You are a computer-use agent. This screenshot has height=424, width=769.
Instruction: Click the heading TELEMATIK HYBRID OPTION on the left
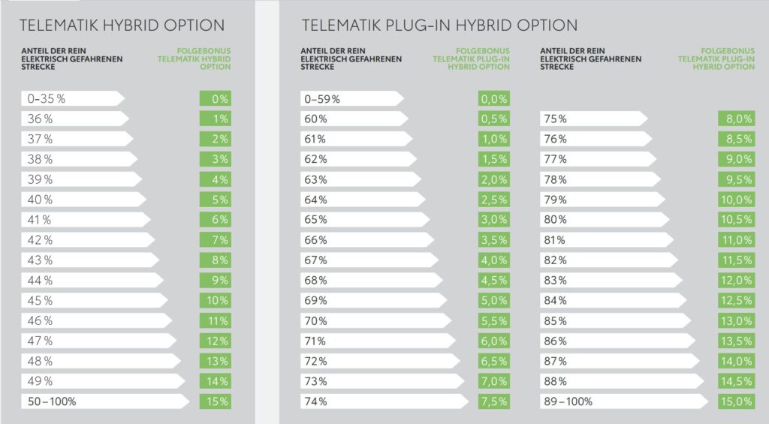point(122,25)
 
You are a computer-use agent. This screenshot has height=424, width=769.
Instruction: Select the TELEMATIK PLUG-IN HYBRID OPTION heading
point(439,25)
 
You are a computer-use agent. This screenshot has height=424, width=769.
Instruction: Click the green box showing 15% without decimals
point(215,401)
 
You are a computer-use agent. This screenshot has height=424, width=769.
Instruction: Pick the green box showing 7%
point(215,239)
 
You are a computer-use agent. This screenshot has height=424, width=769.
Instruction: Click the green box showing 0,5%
point(493,119)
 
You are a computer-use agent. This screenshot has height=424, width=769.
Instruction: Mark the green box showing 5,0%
point(493,300)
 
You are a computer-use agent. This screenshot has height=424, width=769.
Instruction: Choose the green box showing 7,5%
point(493,401)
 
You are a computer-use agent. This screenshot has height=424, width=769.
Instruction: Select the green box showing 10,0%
point(736,199)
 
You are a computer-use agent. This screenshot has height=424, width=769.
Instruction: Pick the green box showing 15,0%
point(736,401)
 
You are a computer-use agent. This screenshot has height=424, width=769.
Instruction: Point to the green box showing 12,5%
point(736,300)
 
